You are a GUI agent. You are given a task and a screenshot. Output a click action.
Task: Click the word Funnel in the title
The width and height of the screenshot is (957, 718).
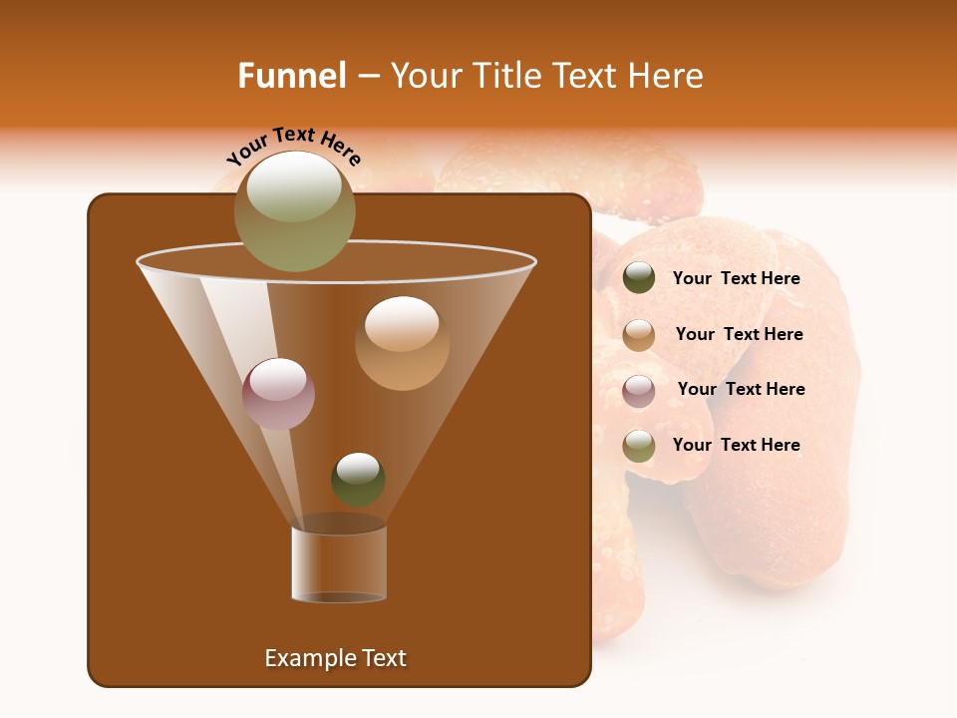tap(291, 75)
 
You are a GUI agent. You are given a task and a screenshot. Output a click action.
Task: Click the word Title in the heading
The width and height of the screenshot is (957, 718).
tap(507, 75)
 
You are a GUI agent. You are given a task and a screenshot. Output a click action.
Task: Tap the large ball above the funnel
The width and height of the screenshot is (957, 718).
tap(295, 210)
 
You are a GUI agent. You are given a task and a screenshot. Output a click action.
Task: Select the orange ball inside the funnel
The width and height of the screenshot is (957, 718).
tap(402, 343)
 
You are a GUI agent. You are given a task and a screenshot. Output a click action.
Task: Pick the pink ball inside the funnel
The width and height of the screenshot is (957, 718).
tap(278, 393)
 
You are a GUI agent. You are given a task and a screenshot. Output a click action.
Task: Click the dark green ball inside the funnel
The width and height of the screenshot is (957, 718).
tap(358, 479)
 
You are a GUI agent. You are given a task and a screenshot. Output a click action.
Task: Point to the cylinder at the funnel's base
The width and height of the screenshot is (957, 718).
tap(339, 564)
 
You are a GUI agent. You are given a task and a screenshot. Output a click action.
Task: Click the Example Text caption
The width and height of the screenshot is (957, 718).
tap(335, 658)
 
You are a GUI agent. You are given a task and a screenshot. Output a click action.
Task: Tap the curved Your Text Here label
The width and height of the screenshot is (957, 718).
tap(294, 145)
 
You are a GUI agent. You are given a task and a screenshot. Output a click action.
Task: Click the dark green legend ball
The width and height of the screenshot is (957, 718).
tap(639, 278)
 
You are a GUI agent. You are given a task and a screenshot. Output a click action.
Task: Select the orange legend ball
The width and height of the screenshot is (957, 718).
tap(639, 334)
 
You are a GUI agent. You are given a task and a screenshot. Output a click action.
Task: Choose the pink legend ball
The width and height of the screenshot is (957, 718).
tap(639, 390)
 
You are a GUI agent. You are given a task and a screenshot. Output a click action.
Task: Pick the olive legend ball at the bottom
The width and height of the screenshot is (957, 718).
tap(639, 446)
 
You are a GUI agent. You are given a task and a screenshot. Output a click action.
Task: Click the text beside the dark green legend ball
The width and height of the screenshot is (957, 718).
tap(736, 278)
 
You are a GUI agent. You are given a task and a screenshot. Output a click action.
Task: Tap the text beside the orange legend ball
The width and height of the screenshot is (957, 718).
tap(739, 334)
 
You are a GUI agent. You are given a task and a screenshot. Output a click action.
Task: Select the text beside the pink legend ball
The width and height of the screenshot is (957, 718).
tap(741, 389)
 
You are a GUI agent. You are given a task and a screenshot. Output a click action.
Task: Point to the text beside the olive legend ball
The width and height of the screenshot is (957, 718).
tap(736, 445)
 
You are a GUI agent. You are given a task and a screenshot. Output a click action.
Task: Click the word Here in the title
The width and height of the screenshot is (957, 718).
tap(666, 75)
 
